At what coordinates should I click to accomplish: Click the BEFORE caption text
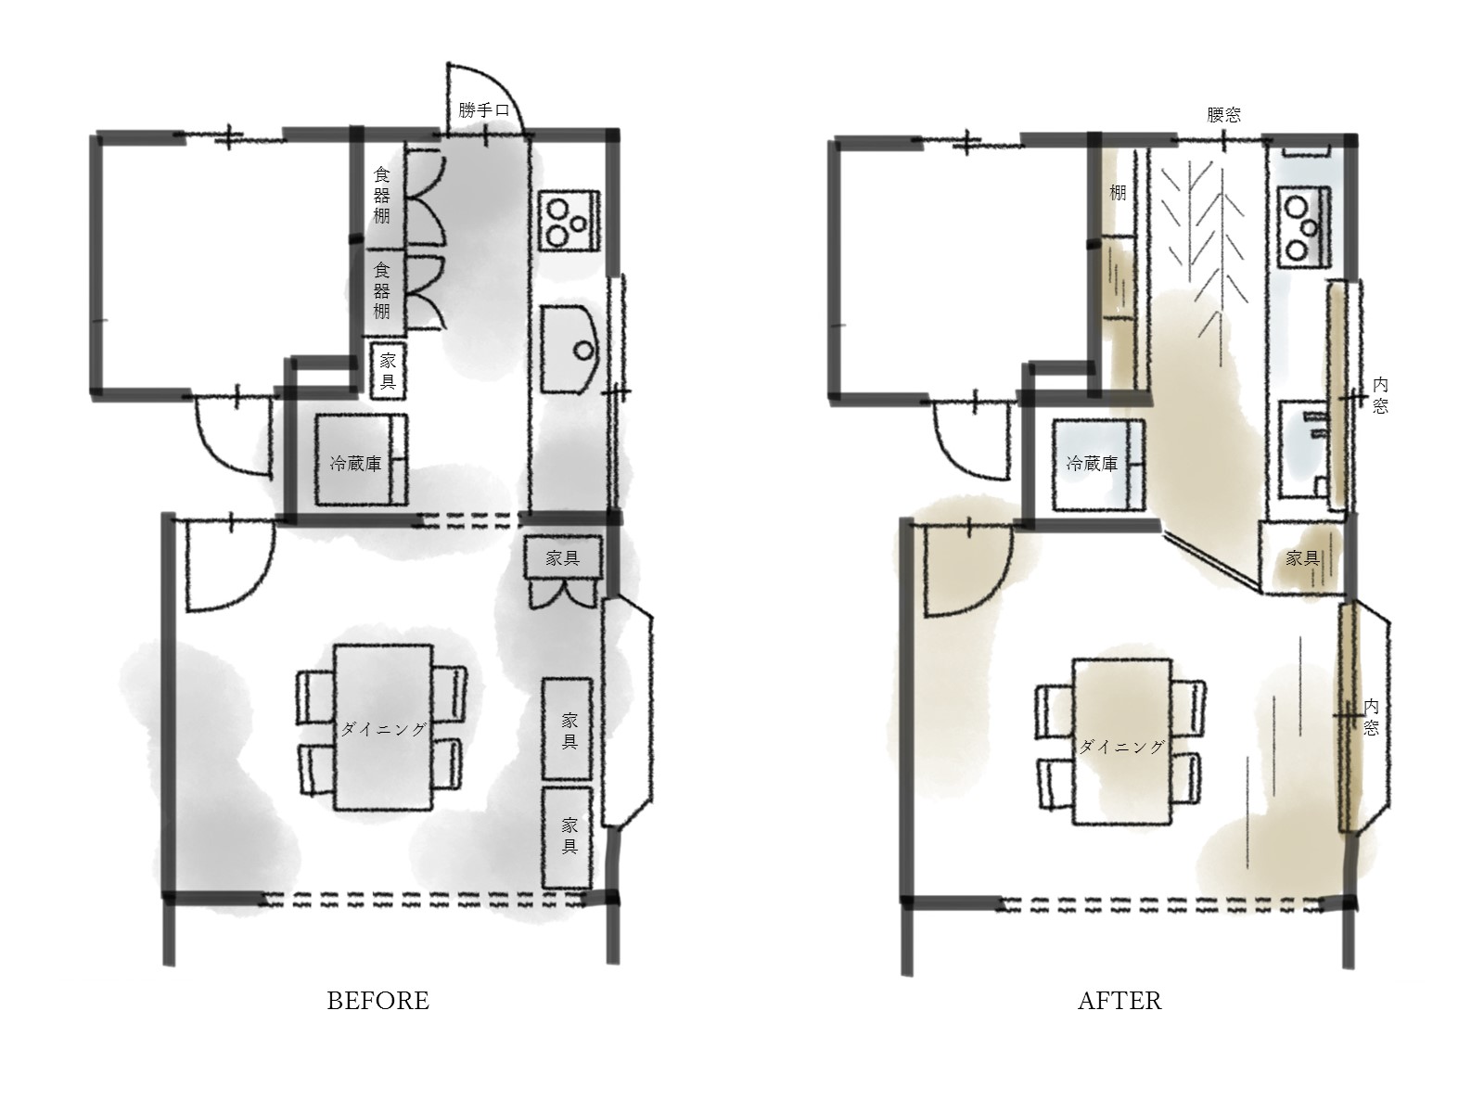(377, 1001)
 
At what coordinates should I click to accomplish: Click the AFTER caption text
(1119, 1001)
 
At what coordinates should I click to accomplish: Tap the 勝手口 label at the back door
(483, 110)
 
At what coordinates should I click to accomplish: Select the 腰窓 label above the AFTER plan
(1223, 115)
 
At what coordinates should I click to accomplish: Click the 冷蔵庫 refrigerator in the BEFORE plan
(361, 459)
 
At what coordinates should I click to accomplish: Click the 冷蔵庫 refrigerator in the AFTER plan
(1099, 466)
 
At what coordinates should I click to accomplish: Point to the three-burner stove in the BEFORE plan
(569, 222)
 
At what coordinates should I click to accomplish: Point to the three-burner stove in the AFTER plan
(1304, 226)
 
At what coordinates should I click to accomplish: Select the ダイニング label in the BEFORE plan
(383, 729)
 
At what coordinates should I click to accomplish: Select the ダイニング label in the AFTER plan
(1121, 747)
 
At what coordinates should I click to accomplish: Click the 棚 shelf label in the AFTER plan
(1119, 193)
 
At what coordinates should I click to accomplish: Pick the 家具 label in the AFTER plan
(1303, 558)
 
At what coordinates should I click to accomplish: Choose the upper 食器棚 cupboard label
(382, 196)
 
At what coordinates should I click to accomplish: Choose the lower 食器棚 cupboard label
(382, 291)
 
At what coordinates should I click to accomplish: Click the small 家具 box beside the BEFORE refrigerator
(388, 370)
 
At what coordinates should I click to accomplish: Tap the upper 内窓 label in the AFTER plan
(1380, 395)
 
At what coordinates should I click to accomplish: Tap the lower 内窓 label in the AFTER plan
(1371, 718)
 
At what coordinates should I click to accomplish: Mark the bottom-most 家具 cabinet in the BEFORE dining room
(568, 838)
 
